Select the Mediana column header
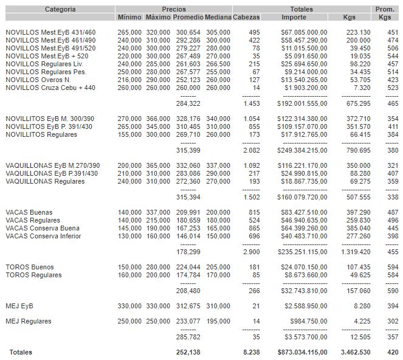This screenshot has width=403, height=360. pos(218,17)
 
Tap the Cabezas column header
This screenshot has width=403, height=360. pos(246,17)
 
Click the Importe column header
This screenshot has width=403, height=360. pos(294,17)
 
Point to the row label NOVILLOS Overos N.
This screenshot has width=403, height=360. pos(38,80)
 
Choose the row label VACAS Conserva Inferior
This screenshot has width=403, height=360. pos(43,236)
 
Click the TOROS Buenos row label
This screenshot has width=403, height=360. pos(30,267)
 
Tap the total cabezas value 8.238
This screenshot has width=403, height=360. pos(250,352)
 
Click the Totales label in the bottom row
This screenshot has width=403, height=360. pos(21,352)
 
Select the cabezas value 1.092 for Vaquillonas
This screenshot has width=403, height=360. pos(251,165)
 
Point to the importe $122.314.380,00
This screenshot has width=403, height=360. pos(298,119)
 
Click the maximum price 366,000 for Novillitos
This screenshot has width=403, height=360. pos(158,119)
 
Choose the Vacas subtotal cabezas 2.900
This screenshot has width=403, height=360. pos(251,251)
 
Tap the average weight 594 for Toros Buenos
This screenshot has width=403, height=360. pos(393,267)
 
